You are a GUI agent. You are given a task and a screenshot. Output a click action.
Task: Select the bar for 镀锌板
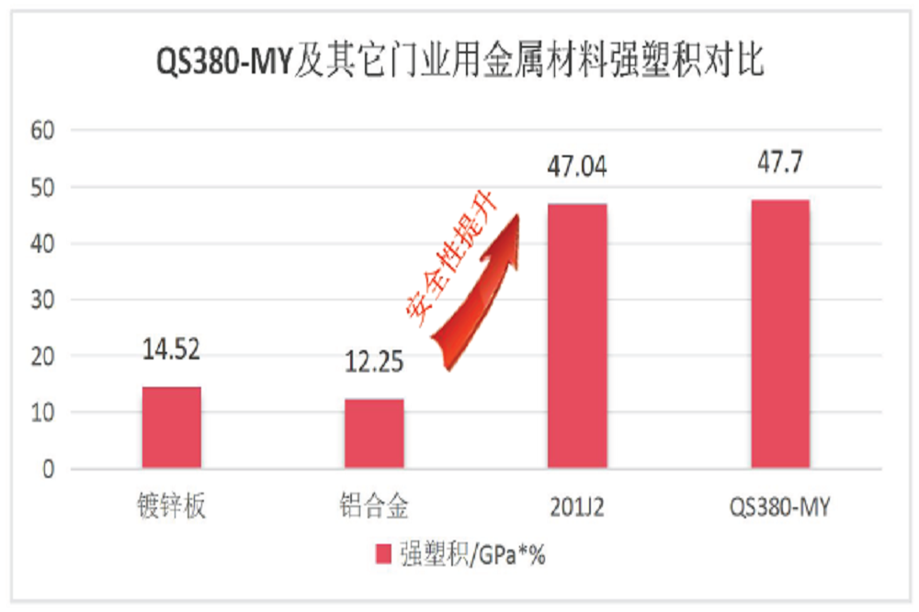(x=172, y=428)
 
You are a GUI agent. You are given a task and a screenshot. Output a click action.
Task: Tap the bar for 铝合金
(x=374, y=434)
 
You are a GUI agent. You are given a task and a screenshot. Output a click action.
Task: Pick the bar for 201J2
(x=577, y=336)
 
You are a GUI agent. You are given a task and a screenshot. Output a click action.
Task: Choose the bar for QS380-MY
(x=780, y=334)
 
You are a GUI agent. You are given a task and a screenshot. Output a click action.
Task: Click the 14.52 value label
(x=171, y=350)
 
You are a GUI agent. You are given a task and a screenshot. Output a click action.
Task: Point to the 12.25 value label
(x=373, y=363)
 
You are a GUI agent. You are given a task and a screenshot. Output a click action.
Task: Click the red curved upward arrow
(x=482, y=294)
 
